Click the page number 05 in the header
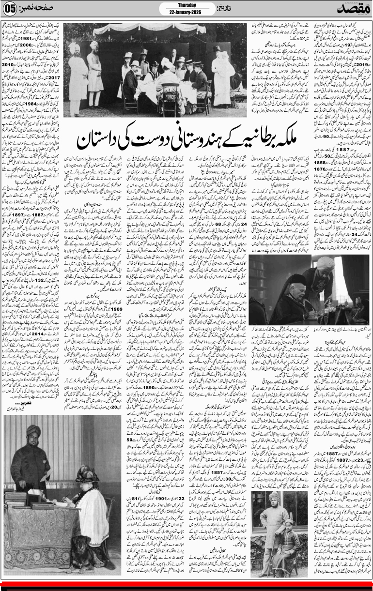click(11, 9)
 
